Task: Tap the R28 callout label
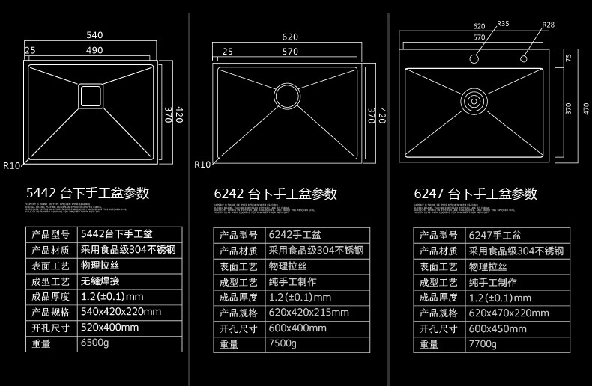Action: [x=549, y=25]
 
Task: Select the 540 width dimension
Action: [x=94, y=35]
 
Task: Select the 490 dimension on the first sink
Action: [x=94, y=51]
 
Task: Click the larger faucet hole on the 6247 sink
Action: [x=475, y=58]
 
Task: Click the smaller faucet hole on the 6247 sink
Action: [x=522, y=58]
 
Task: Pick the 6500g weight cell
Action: [x=95, y=344]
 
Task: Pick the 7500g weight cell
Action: [x=283, y=344]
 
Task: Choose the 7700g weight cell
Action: [x=483, y=344]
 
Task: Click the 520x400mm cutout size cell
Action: [x=109, y=328]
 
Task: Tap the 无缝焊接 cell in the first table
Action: [x=100, y=281]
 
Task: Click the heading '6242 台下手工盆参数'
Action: [x=275, y=194]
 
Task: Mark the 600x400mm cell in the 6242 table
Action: [x=297, y=328]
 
